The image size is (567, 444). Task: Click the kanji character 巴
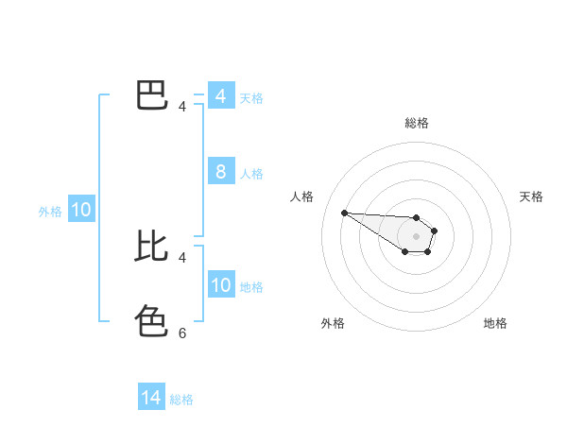coord(152,95)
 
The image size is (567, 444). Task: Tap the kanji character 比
coord(152,246)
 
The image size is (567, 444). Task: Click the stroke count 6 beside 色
coord(182,333)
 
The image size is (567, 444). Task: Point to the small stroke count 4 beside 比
coord(182,257)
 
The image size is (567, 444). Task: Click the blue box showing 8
coord(220,172)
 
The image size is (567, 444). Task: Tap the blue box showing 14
coord(151,398)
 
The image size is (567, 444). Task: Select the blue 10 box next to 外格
coord(81,211)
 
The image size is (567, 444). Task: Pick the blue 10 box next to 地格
coord(220,285)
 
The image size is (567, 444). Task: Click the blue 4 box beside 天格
coord(220,96)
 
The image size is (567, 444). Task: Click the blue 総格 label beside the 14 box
coord(181,400)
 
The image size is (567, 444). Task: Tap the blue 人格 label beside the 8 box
coord(251,174)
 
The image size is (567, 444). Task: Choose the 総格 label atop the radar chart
coord(417,123)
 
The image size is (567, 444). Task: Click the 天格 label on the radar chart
coord(531,196)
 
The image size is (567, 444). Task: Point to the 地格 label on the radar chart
coord(495,323)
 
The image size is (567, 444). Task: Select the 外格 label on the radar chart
coord(333,323)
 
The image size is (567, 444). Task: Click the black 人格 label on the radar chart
coord(301,196)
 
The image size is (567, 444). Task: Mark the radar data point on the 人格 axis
coord(344,213)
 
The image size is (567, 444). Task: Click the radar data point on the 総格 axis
coord(417,217)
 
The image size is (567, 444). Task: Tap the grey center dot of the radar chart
coord(417,236)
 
